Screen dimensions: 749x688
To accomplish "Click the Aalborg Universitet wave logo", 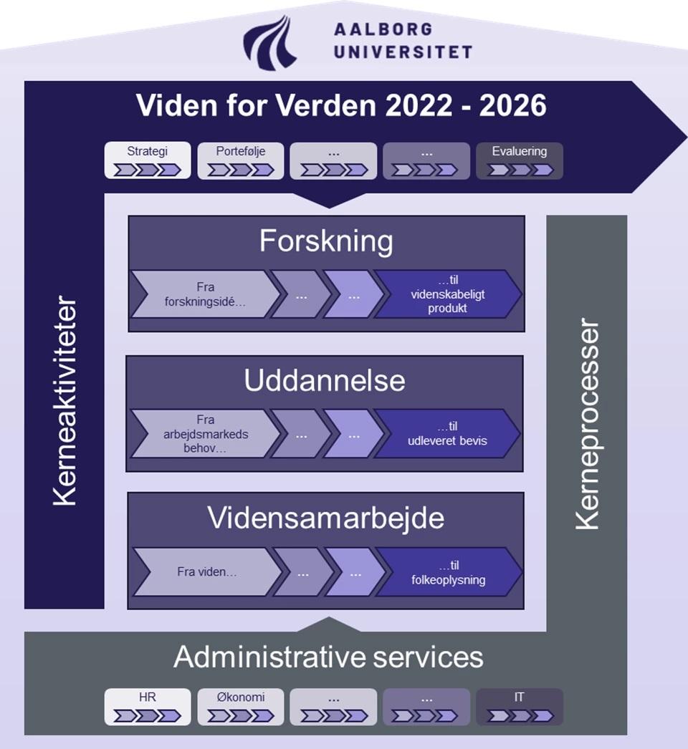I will [x=270, y=41].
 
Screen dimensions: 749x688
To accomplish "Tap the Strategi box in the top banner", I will [x=148, y=160].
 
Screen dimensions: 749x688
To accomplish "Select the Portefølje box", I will [x=241, y=160].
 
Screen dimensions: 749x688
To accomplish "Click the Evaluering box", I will [x=520, y=160].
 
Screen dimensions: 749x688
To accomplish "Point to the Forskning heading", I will [x=326, y=241].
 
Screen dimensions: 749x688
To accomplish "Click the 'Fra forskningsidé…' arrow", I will [x=204, y=294].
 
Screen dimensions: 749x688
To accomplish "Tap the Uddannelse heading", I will [x=325, y=380].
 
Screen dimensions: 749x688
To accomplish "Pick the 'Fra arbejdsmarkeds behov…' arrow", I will [x=204, y=433].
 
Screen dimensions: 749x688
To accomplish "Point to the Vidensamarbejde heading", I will [x=326, y=518].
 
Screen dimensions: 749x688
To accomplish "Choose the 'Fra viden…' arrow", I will [x=206, y=571].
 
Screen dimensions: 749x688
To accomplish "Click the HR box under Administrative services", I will [x=148, y=707].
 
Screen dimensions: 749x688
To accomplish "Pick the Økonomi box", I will [x=241, y=707].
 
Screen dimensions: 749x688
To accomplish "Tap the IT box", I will [x=520, y=707].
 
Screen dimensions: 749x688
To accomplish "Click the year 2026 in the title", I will [x=504, y=106].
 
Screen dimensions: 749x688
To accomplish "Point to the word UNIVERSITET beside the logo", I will [x=403, y=52].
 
